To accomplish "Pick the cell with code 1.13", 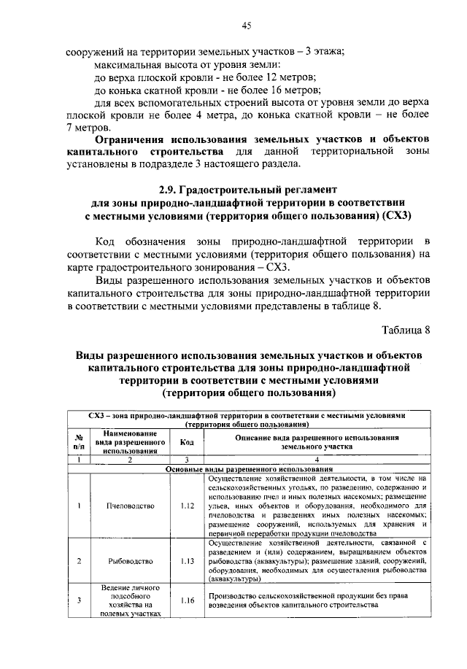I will pos(186,561).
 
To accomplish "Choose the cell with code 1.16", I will pos(186,601).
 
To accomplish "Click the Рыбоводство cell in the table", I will pos(128,561).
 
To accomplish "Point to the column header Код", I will pos(186,442).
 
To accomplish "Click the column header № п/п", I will pos(78,442).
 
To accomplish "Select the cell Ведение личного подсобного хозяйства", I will pos(128,601).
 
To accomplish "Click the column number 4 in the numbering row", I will pos(316,460).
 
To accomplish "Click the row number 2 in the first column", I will pos(78,561).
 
